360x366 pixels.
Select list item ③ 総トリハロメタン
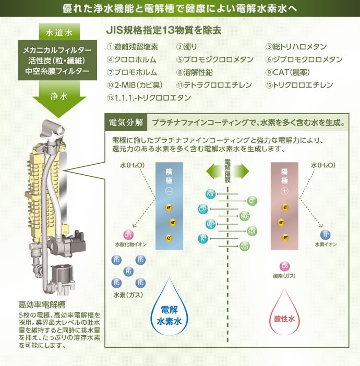click(296, 47)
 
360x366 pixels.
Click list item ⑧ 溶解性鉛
click(195, 72)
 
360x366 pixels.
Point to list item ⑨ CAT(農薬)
click(289, 72)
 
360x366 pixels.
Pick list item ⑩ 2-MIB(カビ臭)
click(135, 85)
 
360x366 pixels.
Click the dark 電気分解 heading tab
click(125, 124)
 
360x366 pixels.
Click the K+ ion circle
click(202, 239)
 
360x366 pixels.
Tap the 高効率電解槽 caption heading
click(42, 304)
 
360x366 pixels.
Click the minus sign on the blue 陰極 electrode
click(169, 191)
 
